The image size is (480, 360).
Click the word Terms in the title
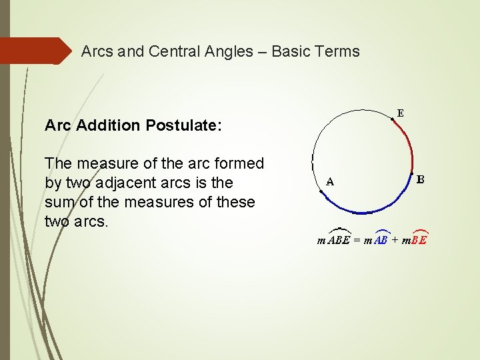pos(338,51)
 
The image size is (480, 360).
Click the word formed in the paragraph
pos(241,163)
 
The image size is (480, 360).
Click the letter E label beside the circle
pos(400,113)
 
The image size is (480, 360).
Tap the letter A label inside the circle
pos(330,181)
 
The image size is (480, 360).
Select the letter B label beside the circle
pos(421,179)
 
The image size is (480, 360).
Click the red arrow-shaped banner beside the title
pos(37,51)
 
